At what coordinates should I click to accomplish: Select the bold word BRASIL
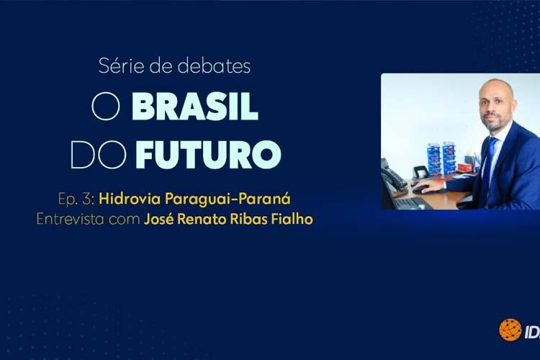[194, 107]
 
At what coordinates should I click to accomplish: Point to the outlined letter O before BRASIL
[106, 107]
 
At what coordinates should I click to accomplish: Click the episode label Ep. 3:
[76, 199]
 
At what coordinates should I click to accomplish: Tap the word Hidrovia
[130, 199]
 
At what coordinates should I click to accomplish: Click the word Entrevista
[71, 219]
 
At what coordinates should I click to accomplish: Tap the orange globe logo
[510, 330]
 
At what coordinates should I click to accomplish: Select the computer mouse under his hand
[420, 189]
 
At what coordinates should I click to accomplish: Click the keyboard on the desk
[412, 203]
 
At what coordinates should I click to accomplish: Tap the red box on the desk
[465, 168]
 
